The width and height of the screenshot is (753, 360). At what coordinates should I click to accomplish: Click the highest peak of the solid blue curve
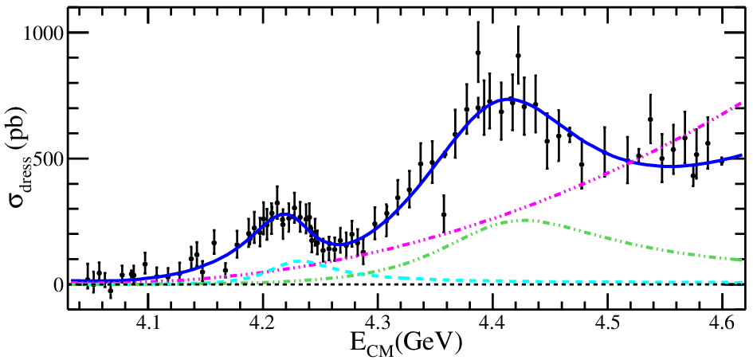pos(509,99)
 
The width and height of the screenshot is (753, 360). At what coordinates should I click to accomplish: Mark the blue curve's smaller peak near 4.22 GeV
pos(285,214)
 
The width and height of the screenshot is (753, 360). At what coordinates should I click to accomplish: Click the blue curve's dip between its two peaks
pos(339,245)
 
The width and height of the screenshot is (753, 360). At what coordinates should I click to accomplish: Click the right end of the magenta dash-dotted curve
pos(743,102)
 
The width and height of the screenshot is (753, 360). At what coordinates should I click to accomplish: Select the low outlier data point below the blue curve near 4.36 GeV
pos(444,214)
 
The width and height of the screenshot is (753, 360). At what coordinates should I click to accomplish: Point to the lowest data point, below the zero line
pos(111,291)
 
